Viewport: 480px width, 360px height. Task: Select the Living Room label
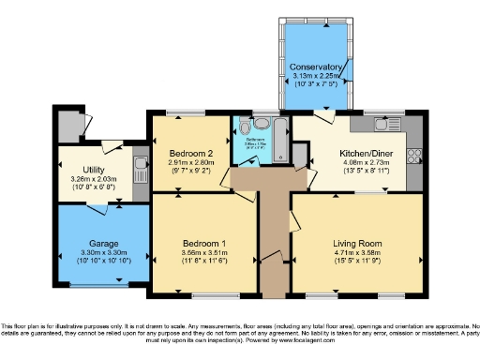(x=357, y=243)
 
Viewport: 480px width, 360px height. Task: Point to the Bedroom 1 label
(x=204, y=243)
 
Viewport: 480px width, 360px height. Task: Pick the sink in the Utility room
(x=140, y=170)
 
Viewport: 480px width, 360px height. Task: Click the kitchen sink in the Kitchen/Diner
(x=382, y=123)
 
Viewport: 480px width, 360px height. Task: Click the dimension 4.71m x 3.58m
(x=357, y=252)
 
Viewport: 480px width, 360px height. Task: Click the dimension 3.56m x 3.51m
(x=204, y=252)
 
